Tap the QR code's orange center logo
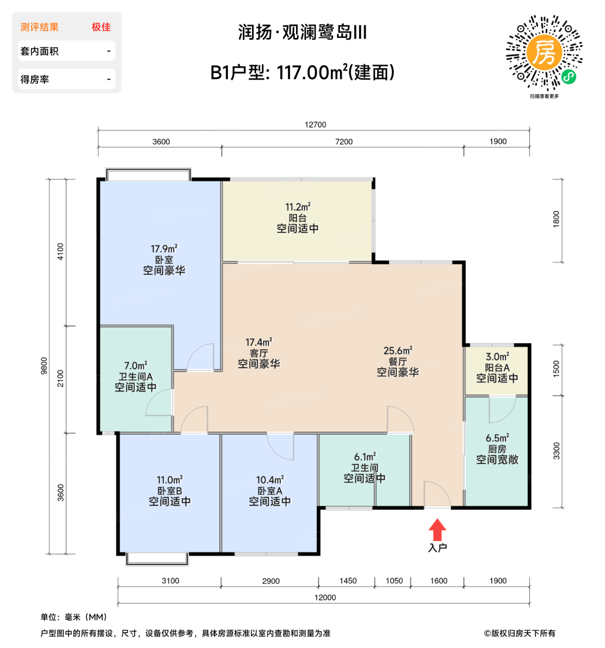(544, 52)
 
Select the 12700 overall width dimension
(315, 125)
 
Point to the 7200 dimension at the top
(344, 142)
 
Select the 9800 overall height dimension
(44, 366)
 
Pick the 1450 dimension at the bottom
(348, 581)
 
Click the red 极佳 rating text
(101, 27)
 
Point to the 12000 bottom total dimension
(325, 598)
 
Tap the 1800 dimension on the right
(556, 219)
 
